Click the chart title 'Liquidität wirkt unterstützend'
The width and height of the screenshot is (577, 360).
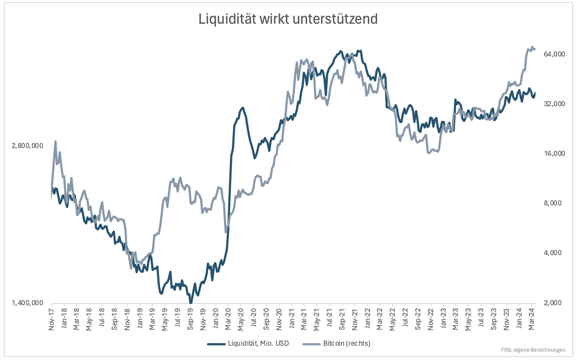[288, 19]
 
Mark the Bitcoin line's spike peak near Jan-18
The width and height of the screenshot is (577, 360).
[55, 142]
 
